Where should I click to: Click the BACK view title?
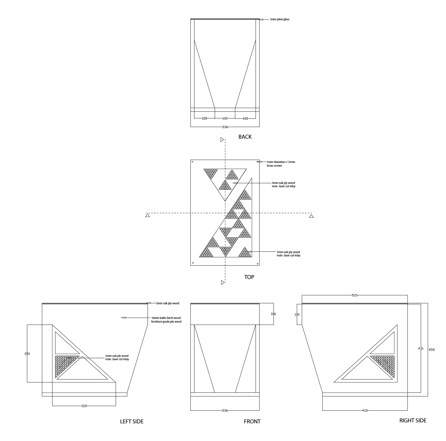pos(245,137)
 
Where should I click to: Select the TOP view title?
pos(249,277)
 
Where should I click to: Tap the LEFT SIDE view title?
pos(132,421)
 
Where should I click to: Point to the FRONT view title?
pos(252,421)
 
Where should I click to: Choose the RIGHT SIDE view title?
pos(413,420)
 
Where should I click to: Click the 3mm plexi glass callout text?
pos(279,19)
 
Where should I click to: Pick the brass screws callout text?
pos(280,164)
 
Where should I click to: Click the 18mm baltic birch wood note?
pos(166,320)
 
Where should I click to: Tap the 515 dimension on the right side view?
pos(355,295)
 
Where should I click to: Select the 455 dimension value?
pos(431,350)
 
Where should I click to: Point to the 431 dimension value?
pos(421,349)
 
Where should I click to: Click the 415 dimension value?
pos(365,410)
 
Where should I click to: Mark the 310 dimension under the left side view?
pos(84,406)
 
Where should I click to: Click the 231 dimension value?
pos(27,354)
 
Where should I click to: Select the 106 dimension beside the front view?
pos(273,314)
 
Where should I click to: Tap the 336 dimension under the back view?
pos(225,127)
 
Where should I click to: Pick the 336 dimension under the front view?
pos(225,410)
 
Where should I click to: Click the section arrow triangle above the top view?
pos(222,140)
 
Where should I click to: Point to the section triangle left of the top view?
pos(148,216)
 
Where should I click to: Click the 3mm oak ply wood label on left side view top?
pos(167,303)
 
